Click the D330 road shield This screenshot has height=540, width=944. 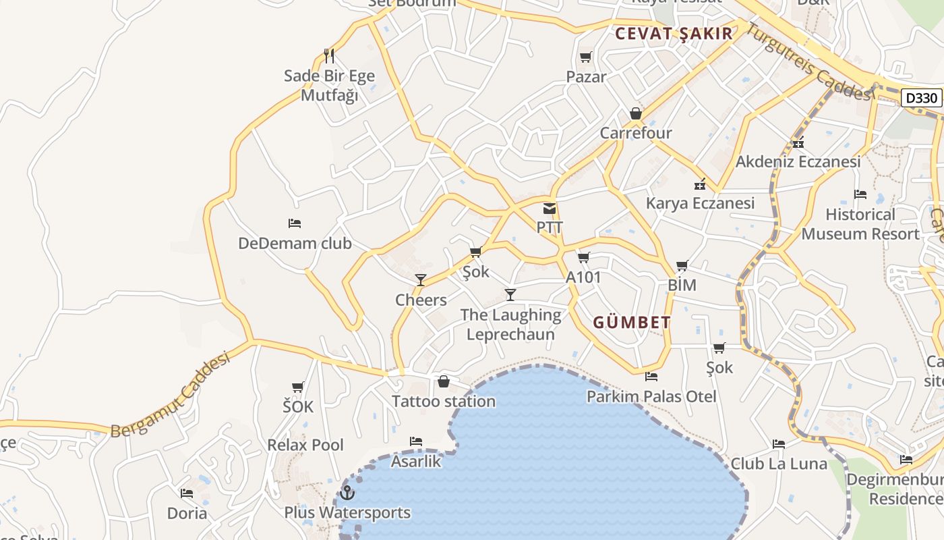click(x=921, y=98)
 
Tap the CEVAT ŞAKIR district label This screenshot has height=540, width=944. click(x=674, y=34)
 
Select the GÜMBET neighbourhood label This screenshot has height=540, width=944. click(x=632, y=323)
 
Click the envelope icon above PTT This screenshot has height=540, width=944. click(x=550, y=209)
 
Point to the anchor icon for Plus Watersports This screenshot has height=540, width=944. click(x=347, y=493)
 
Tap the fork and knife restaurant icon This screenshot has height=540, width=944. click(x=329, y=56)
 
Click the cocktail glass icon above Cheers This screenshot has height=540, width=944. click(x=421, y=280)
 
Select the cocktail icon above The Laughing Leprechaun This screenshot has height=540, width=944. click(x=510, y=295)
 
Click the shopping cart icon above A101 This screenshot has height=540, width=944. click(x=584, y=258)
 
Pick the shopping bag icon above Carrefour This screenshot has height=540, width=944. click(x=636, y=113)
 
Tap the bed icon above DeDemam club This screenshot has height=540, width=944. click(x=295, y=223)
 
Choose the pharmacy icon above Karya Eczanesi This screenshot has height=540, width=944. click(x=700, y=184)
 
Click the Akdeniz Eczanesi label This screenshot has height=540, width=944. click(x=798, y=162)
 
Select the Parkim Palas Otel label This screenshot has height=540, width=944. click(x=651, y=396)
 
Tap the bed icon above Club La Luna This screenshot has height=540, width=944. click(x=779, y=444)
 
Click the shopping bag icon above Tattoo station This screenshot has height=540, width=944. click(x=444, y=382)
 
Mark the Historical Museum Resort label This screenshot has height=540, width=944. click(x=860, y=224)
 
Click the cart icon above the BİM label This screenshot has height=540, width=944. click(x=682, y=266)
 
